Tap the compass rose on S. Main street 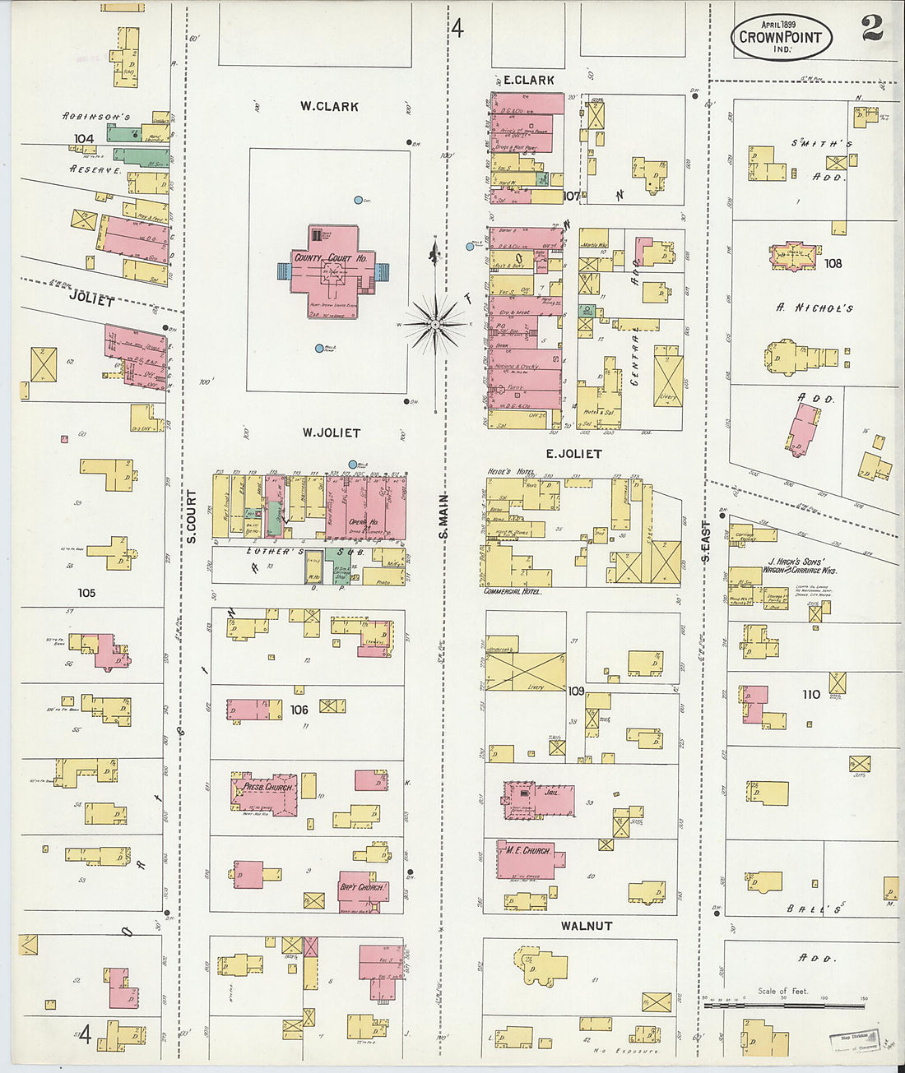[x=435, y=323]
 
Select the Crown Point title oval [x=781, y=38]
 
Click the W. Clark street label [x=329, y=106]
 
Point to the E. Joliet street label [x=573, y=453]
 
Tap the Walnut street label [x=586, y=926]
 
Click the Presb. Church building [x=266, y=793]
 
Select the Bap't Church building [x=363, y=891]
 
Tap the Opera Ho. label [x=363, y=522]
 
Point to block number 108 [x=833, y=263]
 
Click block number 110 [x=811, y=695]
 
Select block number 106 [x=299, y=710]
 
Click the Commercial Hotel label [x=513, y=591]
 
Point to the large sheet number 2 [x=872, y=28]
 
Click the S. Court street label [x=191, y=516]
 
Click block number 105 [x=86, y=592]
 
